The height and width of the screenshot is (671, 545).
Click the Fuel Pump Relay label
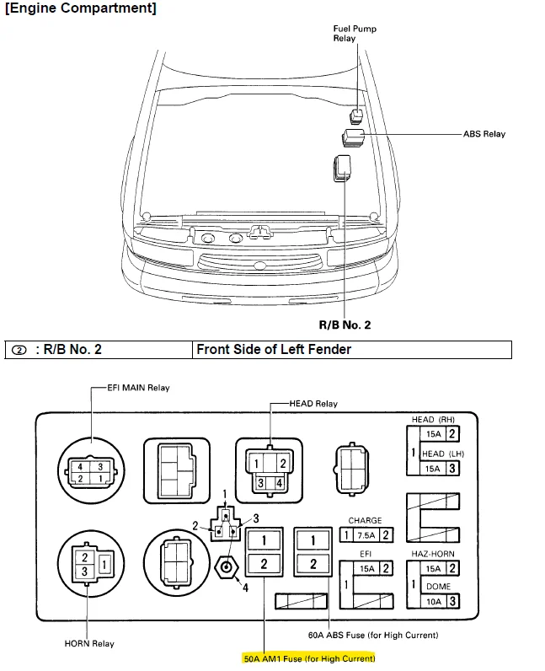pos(355,34)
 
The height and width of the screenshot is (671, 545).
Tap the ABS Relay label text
pos(484,134)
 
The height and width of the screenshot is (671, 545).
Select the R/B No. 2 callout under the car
pos(344,325)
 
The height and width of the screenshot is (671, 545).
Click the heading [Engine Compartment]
pos(80,8)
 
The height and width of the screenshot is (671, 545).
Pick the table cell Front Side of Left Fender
pos(274,349)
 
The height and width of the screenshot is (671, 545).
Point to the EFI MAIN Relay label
pos(138,388)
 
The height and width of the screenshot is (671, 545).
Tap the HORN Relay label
pos(89,644)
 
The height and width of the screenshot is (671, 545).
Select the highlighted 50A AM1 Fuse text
pos(310,658)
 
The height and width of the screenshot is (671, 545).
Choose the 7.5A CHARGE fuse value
pos(365,534)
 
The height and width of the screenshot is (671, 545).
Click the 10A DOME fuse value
pos(433,601)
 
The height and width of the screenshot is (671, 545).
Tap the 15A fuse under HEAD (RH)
pos(433,435)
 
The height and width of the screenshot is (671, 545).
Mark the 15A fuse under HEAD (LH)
pos(433,468)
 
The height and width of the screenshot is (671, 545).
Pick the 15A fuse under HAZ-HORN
pos(433,569)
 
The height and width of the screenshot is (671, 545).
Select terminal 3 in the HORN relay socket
pos(85,571)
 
